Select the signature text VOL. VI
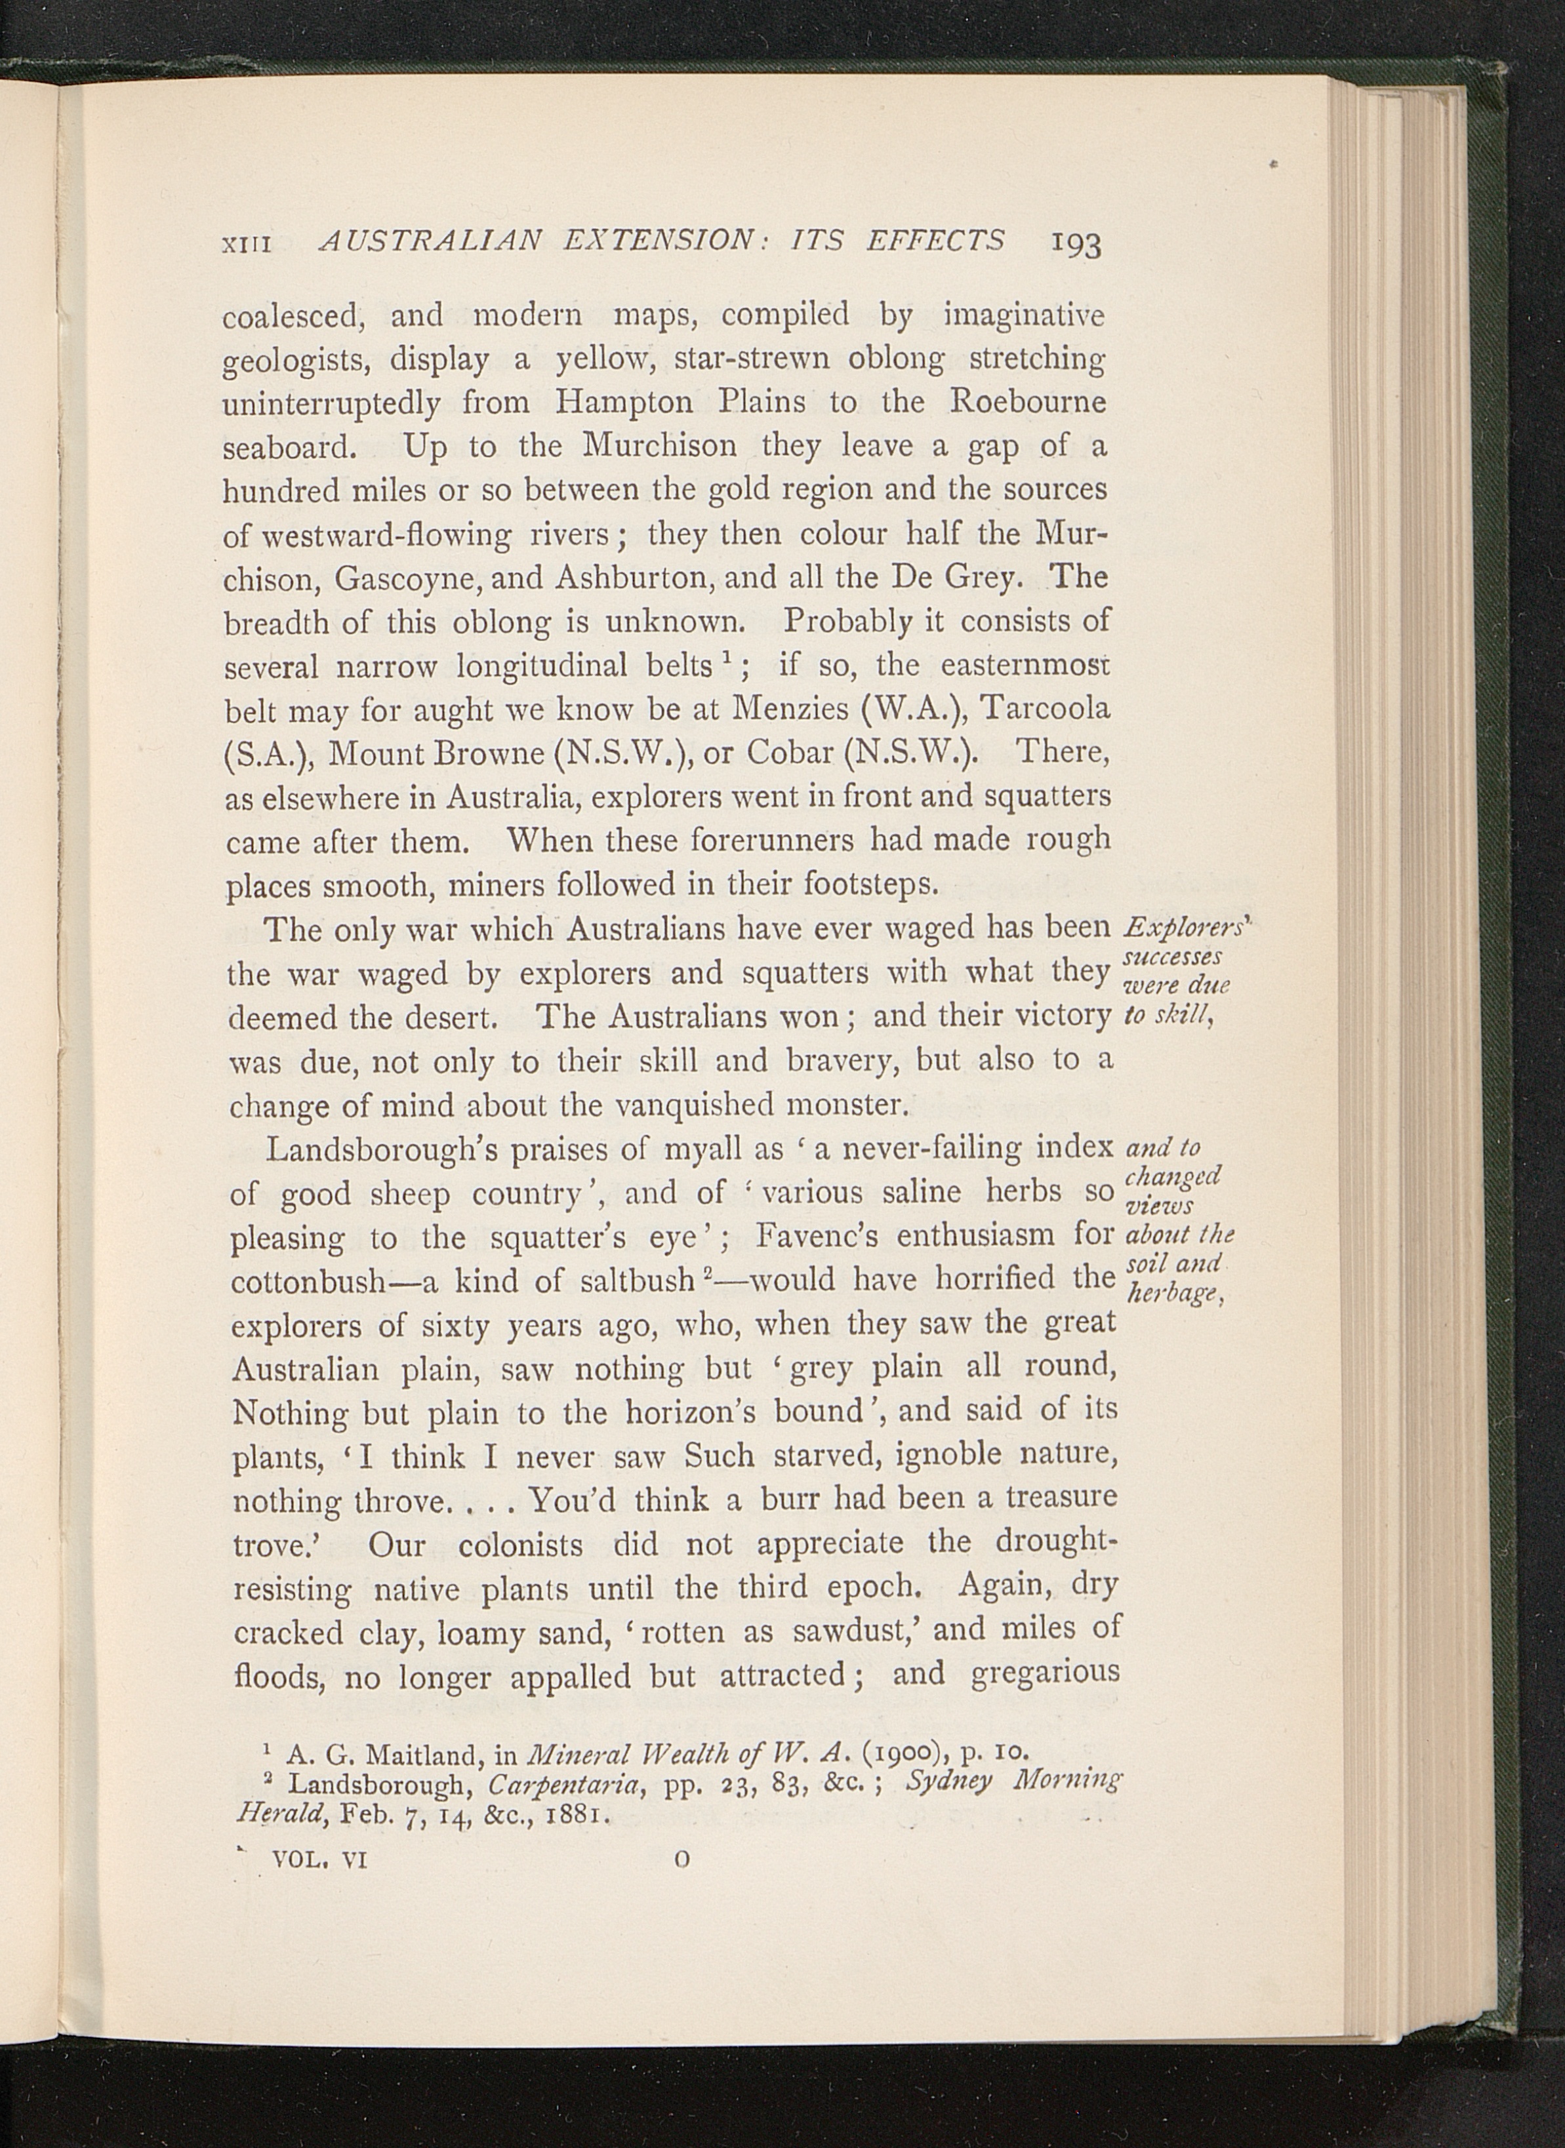[x=319, y=1860]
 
